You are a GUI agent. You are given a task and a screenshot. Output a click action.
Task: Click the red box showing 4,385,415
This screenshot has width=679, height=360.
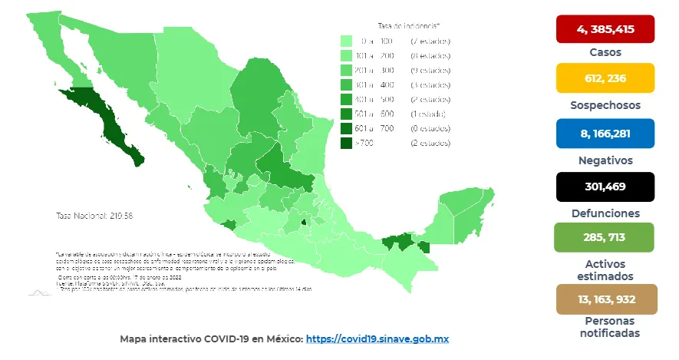click(x=605, y=29)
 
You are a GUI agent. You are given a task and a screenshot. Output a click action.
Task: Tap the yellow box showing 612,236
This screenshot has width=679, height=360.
click(x=605, y=78)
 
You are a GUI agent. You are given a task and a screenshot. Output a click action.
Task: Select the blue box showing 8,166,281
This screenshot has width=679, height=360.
click(x=605, y=134)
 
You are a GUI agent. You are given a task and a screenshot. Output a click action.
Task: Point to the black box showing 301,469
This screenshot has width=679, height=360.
click(x=605, y=187)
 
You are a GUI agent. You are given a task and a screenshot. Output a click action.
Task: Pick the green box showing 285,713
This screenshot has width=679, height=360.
click(x=605, y=238)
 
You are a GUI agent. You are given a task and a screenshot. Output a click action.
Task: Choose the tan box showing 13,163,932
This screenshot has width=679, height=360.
click(x=605, y=299)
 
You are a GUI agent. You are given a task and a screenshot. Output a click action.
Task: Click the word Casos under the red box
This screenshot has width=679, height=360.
click(x=605, y=52)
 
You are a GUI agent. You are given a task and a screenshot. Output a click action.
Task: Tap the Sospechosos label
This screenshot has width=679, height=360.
click(x=605, y=105)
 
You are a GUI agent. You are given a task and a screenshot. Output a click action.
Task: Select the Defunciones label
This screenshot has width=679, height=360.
click(x=605, y=213)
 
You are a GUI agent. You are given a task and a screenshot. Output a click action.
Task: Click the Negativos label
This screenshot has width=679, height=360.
click(x=605, y=160)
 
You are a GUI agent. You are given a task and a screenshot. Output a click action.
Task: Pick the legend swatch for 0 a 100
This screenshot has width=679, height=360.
click(x=346, y=41)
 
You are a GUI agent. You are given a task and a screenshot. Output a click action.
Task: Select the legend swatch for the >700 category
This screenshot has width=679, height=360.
click(x=346, y=143)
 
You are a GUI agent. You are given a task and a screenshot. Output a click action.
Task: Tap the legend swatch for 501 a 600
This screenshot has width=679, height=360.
click(x=346, y=114)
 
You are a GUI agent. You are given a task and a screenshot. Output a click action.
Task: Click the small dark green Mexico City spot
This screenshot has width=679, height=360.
click(x=303, y=223)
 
